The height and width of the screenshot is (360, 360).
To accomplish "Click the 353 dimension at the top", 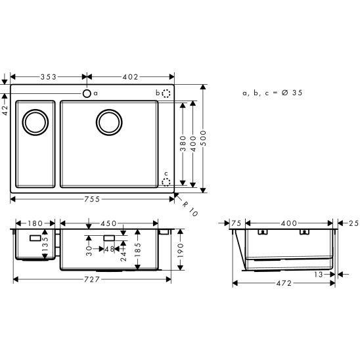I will point(48,77).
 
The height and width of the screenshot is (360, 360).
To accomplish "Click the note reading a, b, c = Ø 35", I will point(272,93).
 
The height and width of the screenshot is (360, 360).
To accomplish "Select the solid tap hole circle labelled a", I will point(87,94).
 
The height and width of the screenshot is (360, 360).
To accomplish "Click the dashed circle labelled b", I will point(166,94).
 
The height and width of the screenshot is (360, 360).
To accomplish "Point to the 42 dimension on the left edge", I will point(5,112).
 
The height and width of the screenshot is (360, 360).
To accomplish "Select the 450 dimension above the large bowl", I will point(109,222).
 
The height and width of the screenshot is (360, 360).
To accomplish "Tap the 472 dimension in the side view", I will point(284,283).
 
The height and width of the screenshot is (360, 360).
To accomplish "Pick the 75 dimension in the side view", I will point(237,223).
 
